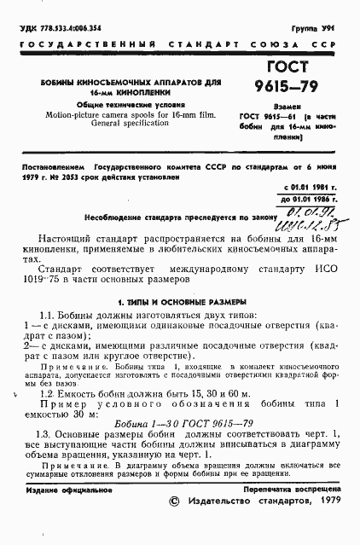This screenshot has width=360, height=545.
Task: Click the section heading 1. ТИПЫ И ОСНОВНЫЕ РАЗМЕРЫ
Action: pyautogui.click(x=181, y=302)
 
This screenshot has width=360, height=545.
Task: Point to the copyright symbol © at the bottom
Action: pyautogui.click(x=175, y=526)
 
